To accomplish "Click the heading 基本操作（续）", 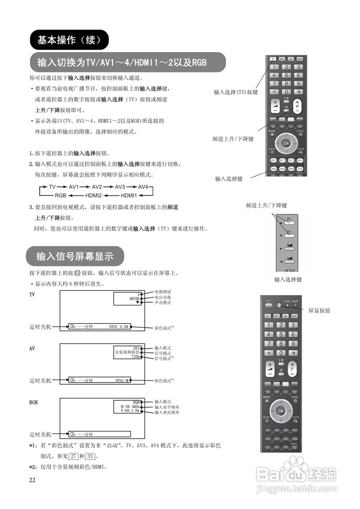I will (68, 40).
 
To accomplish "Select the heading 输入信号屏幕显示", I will (75, 256).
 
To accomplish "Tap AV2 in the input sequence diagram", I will (97, 187).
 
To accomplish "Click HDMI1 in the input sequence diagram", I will (129, 195).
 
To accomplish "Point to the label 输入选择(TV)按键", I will (236, 92).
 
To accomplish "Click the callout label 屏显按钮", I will (319, 311).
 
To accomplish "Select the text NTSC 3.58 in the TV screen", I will (118, 326).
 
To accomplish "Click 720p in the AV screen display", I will (135, 357).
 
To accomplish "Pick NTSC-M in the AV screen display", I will (122, 381).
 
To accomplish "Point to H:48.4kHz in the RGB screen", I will (130, 407).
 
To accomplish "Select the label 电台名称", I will (163, 297).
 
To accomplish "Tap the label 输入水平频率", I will (167, 407).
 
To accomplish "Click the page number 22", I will (32, 480).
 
